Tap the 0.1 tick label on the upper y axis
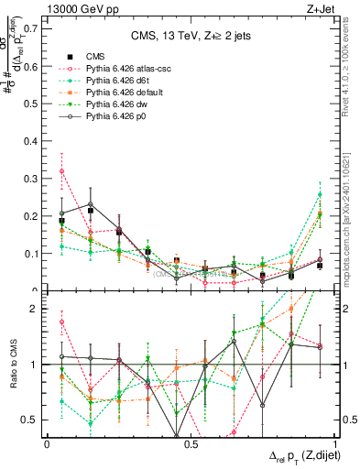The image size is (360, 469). pyautogui.click(x=31, y=253)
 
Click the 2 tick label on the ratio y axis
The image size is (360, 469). pyautogui.click(x=34, y=309)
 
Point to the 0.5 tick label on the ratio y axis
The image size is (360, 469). pyautogui.click(x=31, y=420)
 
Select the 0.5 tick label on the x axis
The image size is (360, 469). pyautogui.click(x=191, y=443)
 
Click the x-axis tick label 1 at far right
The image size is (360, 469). pyautogui.click(x=333, y=443)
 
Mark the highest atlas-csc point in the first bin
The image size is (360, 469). pyautogui.click(x=61, y=171)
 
